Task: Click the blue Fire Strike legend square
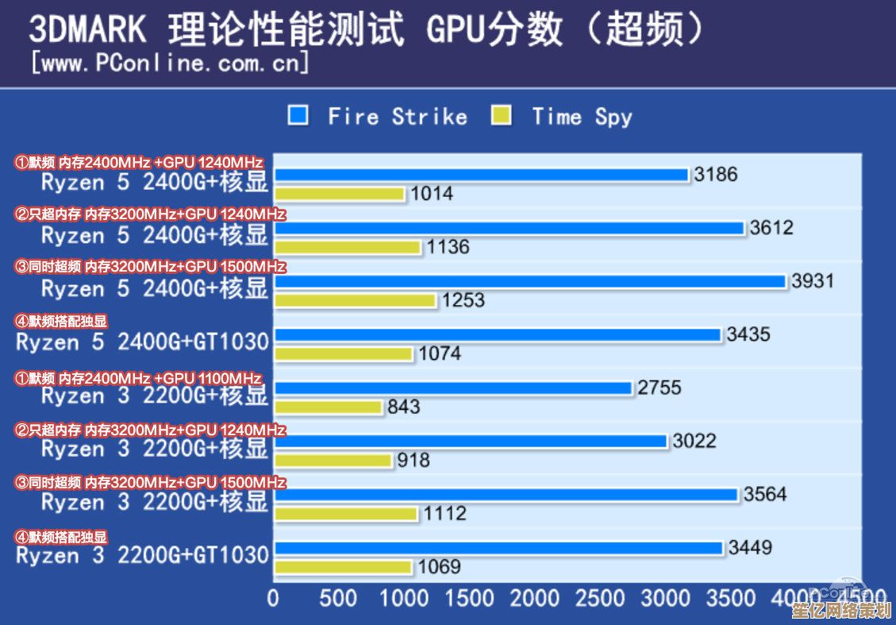click(298, 116)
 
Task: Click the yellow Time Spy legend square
click(501, 116)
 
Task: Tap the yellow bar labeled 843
click(329, 407)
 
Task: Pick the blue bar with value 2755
click(453, 388)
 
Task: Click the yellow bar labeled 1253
click(355, 301)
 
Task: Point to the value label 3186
click(715, 175)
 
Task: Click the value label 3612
click(771, 228)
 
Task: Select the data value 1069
click(440, 567)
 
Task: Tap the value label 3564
click(765, 494)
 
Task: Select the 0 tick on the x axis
click(274, 598)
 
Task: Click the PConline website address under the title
click(169, 62)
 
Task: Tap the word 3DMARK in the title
click(88, 29)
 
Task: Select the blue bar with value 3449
click(498, 548)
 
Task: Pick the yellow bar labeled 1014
click(340, 194)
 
